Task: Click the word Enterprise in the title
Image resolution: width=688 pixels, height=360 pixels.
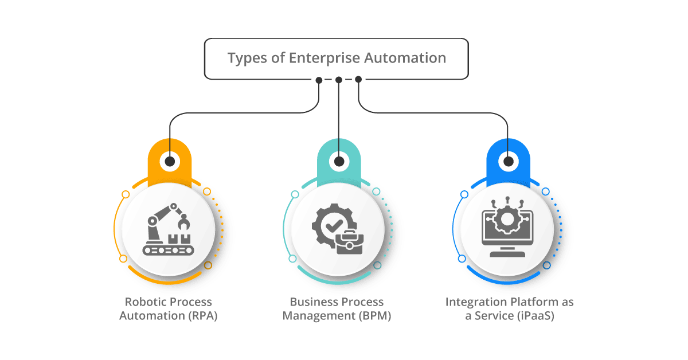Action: (324, 58)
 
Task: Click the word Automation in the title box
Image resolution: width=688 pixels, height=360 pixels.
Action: (405, 58)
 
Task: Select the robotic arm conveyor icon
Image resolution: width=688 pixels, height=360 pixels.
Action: (169, 229)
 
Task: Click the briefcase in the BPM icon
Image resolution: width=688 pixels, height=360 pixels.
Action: (350, 242)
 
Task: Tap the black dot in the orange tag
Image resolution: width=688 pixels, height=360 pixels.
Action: (170, 161)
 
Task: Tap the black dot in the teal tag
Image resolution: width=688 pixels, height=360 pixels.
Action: (339, 161)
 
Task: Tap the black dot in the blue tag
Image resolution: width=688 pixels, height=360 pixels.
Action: (509, 161)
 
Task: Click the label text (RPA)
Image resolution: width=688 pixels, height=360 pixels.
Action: (203, 316)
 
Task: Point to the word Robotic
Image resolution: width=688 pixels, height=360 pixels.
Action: (143, 302)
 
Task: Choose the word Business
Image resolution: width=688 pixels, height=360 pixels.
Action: (310, 302)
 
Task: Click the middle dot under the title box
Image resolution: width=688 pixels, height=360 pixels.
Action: (339, 80)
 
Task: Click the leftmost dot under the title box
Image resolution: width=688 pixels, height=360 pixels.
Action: (319, 80)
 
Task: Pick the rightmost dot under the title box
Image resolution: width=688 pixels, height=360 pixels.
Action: (358, 79)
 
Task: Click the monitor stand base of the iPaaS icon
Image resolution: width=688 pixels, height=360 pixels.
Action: (507, 254)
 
